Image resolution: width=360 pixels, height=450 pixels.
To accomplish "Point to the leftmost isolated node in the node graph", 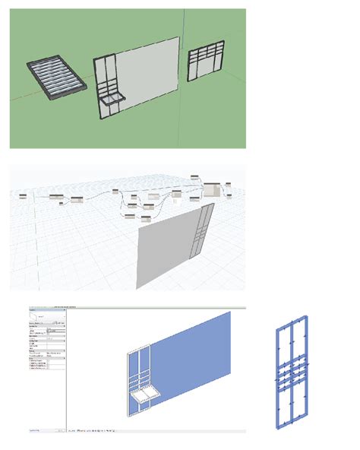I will tap(23, 196).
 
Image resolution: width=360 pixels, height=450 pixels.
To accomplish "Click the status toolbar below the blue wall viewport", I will tap(152, 432).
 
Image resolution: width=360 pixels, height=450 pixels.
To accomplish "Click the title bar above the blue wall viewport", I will tap(152, 309).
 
